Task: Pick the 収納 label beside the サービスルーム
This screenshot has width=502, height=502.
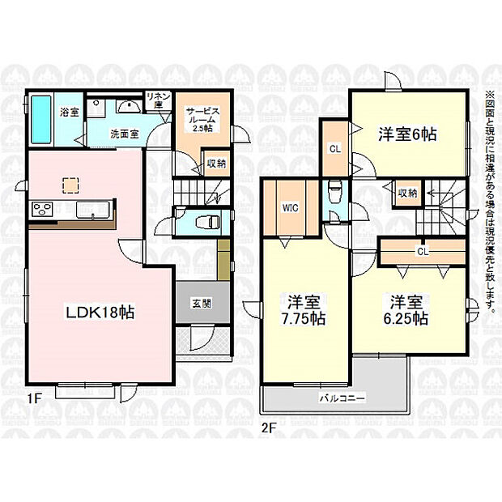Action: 215,163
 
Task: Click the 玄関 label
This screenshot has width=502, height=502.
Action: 202,303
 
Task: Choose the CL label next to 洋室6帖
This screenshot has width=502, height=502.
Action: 333,149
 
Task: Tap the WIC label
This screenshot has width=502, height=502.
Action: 290,207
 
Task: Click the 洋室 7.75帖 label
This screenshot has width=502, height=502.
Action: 303,311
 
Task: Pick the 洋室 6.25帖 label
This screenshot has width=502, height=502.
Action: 407,310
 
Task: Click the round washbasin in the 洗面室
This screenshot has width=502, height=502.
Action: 126,106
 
